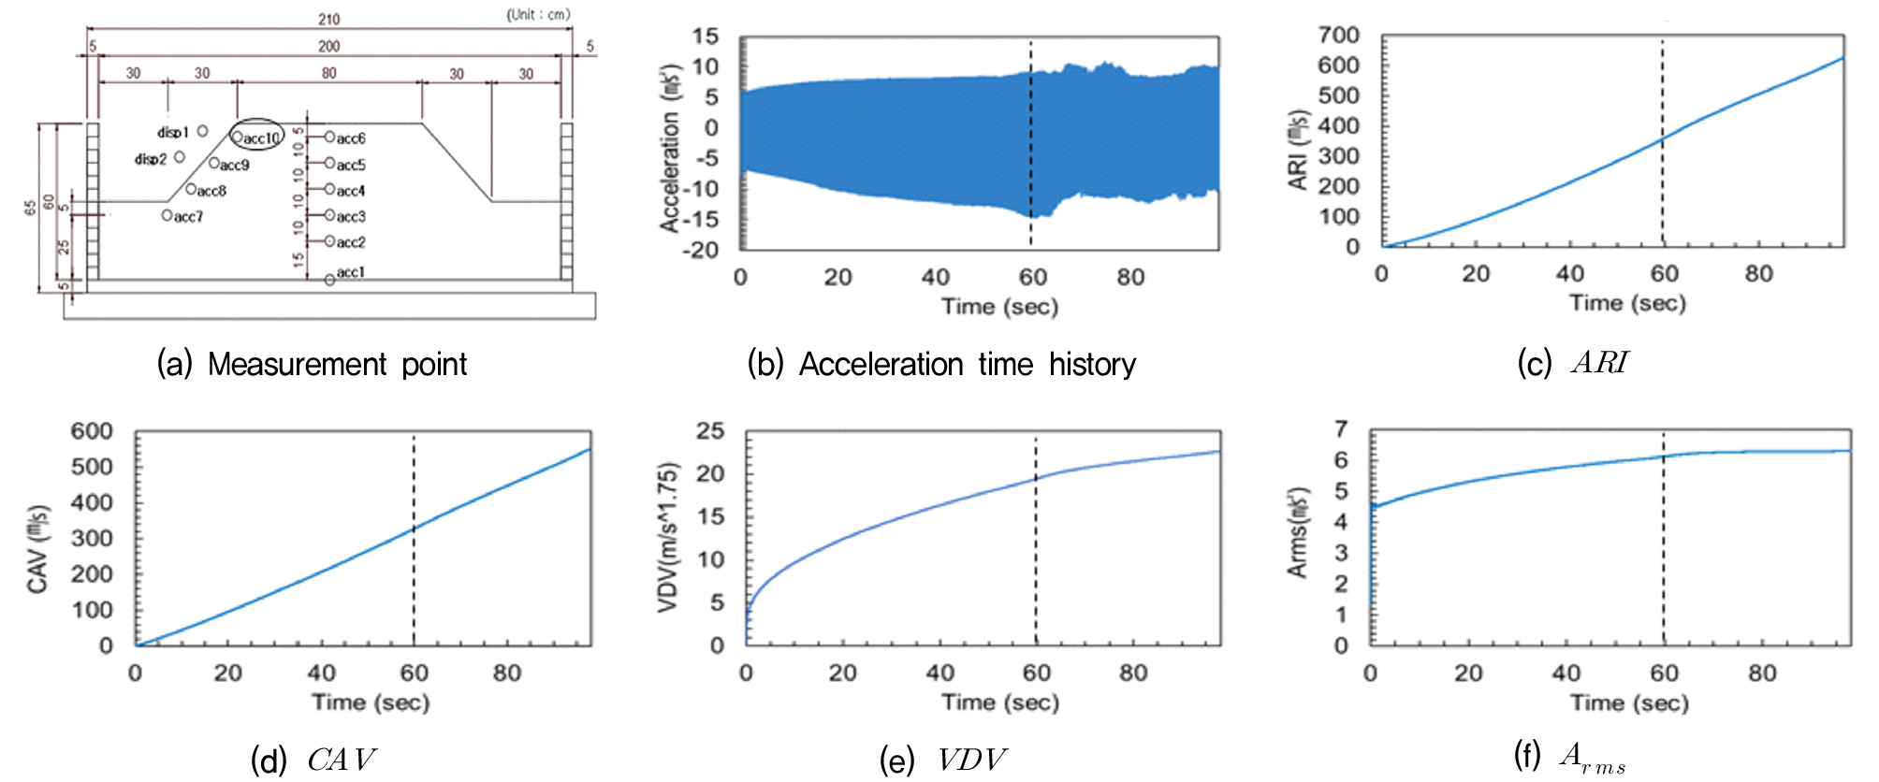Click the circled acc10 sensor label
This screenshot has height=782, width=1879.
[258, 138]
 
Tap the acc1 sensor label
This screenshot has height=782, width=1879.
[350, 272]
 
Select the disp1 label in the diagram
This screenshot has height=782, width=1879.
[173, 132]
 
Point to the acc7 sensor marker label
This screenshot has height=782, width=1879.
[187, 217]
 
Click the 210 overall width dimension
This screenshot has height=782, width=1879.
[328, 19]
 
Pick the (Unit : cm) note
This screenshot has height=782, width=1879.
[538, 14]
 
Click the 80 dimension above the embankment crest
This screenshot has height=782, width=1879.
[328, 73]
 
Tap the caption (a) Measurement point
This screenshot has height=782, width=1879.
[312, 364]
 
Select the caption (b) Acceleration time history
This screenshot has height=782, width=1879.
[941, 364]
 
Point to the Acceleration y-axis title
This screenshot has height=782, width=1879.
[670, 148]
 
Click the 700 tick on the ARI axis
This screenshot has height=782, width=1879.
[1338, 36]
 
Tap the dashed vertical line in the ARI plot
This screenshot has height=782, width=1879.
[1662, 140]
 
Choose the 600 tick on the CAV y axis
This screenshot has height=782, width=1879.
[92, 431]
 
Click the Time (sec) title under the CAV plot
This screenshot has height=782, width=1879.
[371, 702]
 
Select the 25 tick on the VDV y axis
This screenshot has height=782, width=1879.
[710, 431]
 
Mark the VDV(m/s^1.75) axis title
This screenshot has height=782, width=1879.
[667, 538]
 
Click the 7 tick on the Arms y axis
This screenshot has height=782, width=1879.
[1341, 429]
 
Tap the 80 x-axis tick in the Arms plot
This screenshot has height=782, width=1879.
[1761, 673]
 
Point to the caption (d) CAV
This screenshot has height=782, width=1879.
[313, 760]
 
